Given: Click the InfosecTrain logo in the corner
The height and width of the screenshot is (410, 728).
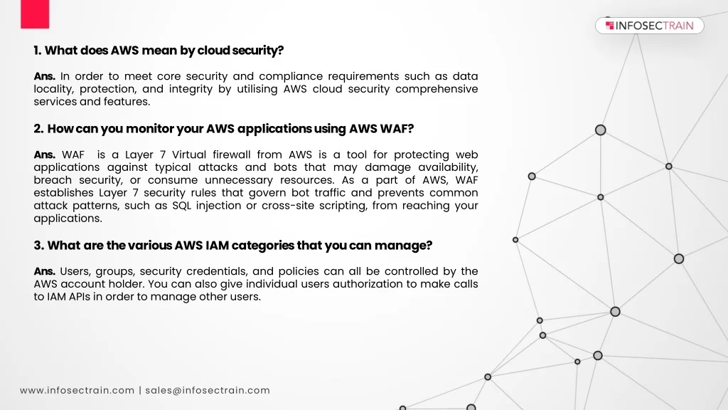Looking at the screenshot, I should coord(649,26).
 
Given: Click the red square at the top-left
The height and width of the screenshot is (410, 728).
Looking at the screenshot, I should coord(35,14).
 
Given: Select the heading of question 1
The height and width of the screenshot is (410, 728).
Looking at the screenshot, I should coord(159,51).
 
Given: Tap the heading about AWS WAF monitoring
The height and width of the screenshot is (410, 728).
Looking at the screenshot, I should coord(223,129).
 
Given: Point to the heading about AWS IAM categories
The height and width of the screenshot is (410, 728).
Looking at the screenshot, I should coord(233,246).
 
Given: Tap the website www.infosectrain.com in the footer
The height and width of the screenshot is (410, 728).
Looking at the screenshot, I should coord(77,390).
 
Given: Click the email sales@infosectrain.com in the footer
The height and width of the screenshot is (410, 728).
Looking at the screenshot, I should coord(208,390).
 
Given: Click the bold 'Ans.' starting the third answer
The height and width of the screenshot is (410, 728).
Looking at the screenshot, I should coord(45,271).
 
